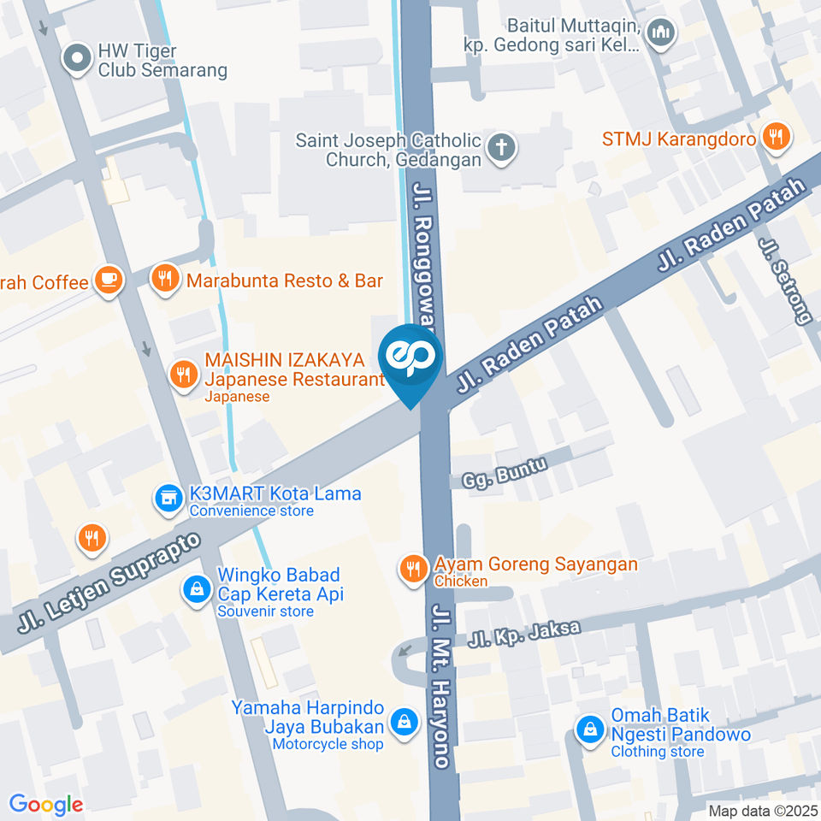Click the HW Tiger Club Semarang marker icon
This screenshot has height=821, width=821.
click(78, 60)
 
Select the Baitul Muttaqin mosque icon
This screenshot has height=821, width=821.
click(661, 34)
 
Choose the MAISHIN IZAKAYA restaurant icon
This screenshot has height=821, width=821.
click(182, 375)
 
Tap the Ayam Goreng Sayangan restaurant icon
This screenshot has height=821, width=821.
click(414, 569)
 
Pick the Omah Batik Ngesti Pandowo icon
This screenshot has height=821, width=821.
click(589, 730)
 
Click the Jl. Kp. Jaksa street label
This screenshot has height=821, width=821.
click(524, 634)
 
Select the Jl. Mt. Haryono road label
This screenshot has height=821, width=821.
click(442, 687)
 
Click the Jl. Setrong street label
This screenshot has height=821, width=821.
click(785, 281)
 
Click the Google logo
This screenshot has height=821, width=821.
click(45, 805)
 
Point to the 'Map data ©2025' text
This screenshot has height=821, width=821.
click(762, 810)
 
